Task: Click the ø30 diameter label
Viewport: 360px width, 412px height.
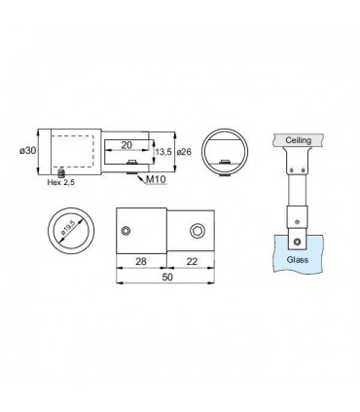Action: (x=27, y=151)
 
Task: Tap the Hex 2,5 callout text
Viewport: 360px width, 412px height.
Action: (x=61, y=182)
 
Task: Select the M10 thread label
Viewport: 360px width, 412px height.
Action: (x=156, y=179)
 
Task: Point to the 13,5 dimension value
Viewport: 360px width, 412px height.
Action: (x=163, y=152)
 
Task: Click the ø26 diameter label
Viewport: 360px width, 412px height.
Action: (x=184, y=152)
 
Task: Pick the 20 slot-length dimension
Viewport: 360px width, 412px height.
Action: (x=126, y=145)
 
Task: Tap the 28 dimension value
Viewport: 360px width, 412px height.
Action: (x=141, y=261)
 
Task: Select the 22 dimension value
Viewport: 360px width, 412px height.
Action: (x=192, y=261)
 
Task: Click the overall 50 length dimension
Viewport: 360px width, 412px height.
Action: (x=167, y=277)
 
